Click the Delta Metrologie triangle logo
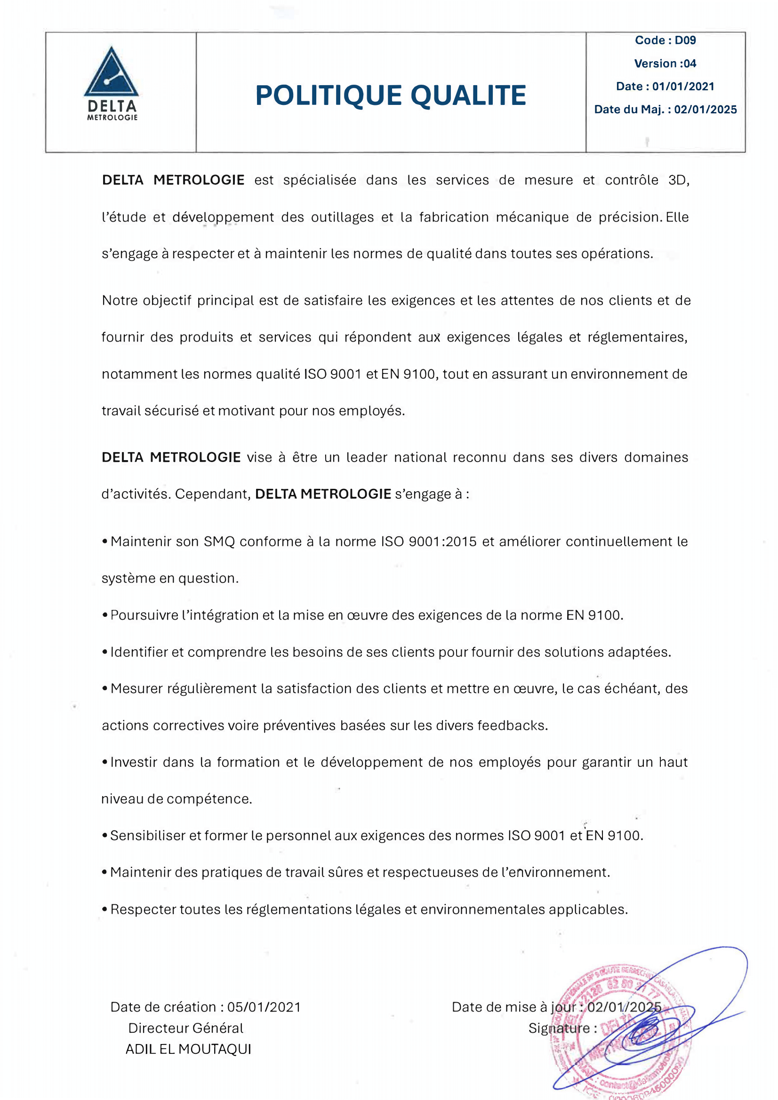111,74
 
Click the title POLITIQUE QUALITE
390,95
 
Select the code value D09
685,40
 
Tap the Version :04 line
665,63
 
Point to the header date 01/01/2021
683,86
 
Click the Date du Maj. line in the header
665,109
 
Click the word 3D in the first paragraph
678,180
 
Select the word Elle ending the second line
677,217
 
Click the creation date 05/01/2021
264,1007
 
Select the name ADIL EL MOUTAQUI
188,1049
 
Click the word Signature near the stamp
559,1028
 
